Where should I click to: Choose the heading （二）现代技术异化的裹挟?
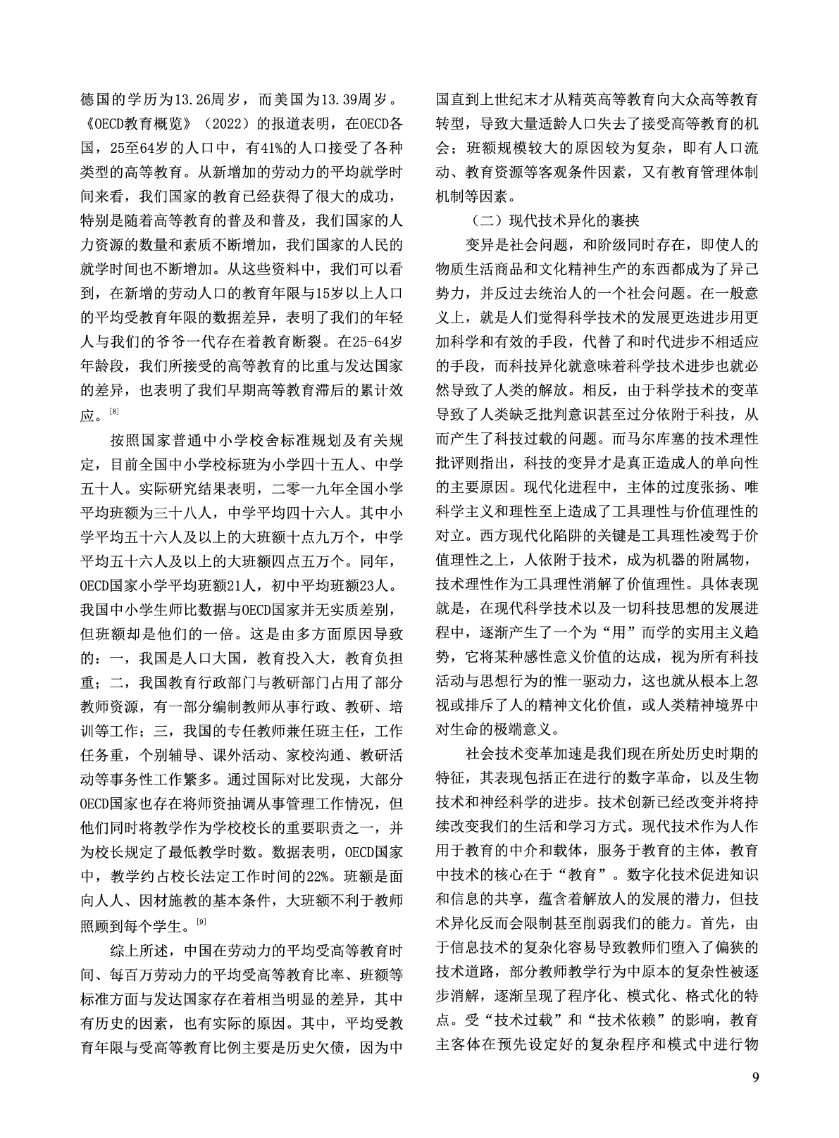point(552,220)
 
